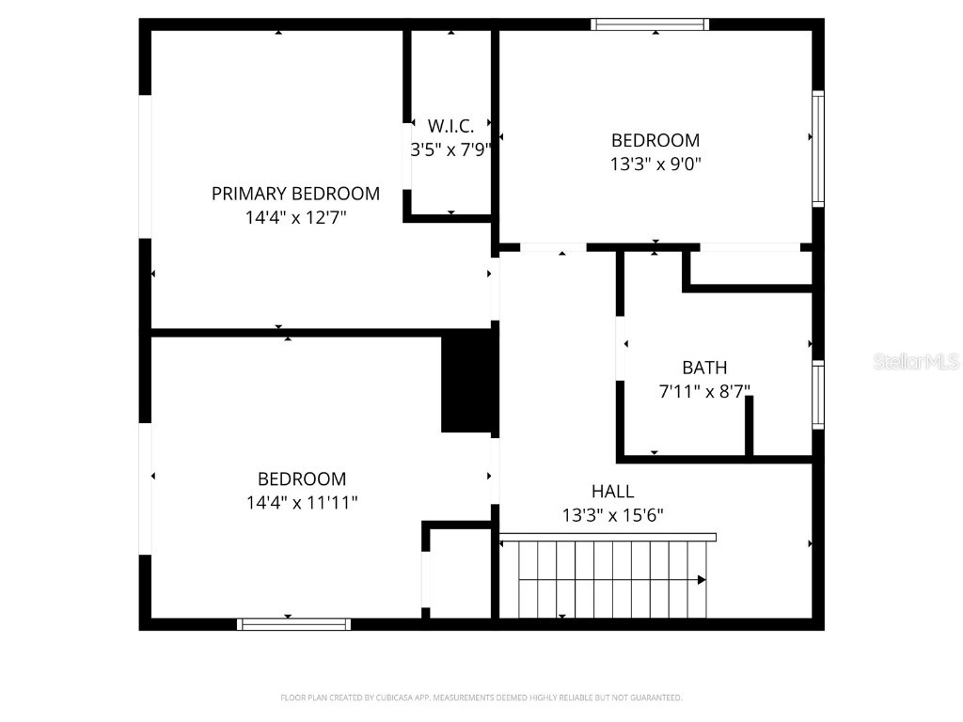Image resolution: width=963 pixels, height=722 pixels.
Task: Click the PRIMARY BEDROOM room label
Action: tap(295, 194)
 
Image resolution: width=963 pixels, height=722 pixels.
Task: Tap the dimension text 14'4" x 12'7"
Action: tap(295, 217)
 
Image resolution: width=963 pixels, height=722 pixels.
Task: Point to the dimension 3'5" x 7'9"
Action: tap(451, 149)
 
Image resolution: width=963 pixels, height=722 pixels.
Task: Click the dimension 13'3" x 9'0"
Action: tap(655, 164)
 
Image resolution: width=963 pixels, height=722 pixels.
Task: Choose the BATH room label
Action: tap(704, 368)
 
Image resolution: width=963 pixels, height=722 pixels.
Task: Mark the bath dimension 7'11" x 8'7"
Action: tap(704, 391)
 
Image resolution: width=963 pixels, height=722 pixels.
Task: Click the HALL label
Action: tap(612, 491)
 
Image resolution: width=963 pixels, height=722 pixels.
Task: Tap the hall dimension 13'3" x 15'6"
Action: tap(612, 515)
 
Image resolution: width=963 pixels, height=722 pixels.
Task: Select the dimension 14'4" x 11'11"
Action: tap(302, 503)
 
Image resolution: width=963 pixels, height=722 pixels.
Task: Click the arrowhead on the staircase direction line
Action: tap(702, 580)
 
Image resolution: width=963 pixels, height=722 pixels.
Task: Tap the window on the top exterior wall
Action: tap(650, 24)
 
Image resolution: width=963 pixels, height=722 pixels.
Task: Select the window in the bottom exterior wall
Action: tap(293, 623)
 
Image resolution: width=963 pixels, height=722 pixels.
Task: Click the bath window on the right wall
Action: tap(818, 395)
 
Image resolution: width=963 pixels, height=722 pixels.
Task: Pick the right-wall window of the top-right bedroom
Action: tap(818, 149)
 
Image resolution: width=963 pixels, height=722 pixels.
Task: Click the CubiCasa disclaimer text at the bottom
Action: tap(481, 698)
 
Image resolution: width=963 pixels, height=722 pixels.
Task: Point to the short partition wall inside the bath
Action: tap(750, 426)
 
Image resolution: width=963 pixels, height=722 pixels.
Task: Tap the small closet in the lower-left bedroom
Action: tap(459, 573)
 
